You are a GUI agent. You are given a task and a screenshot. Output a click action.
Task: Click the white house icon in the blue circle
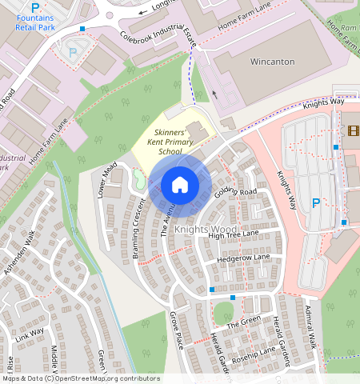[x=180, y=186]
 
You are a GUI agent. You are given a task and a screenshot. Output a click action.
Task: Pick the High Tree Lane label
[x=234, y=234]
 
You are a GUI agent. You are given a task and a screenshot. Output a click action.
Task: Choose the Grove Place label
[x=177, y=330]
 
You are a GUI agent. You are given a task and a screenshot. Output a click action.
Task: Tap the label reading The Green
[x=243, y=323]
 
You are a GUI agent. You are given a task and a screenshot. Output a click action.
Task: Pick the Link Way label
[x=30, y=335]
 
